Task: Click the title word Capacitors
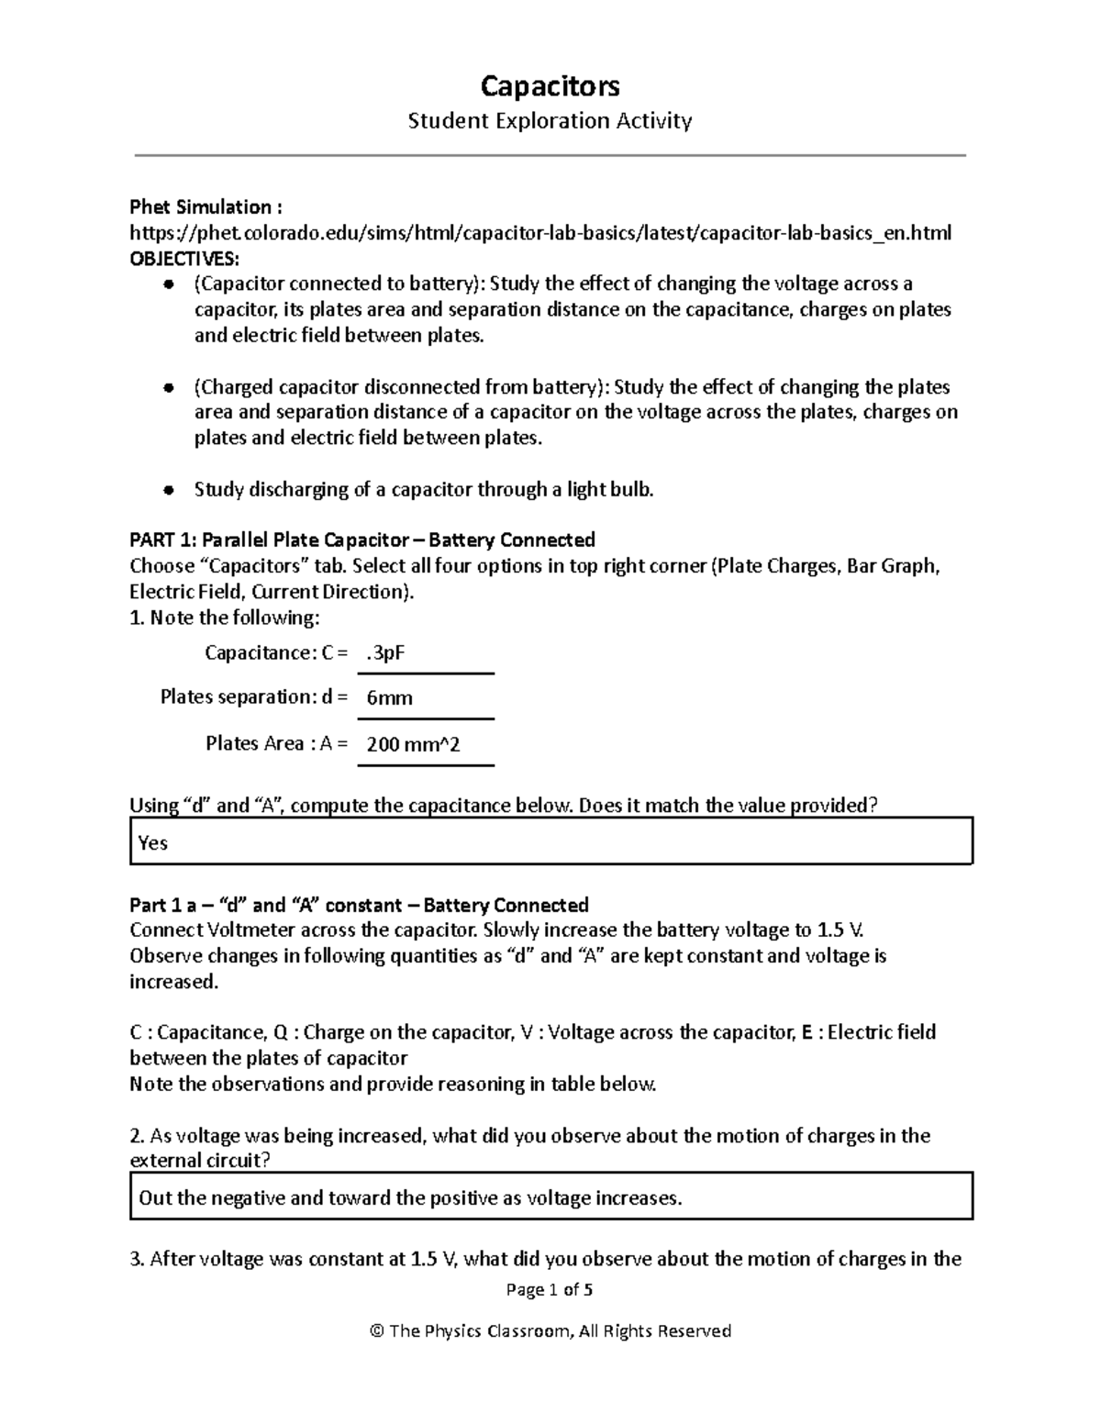click(550, 86)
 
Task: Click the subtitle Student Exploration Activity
click(550, 120)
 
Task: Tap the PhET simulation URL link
click(540, 233)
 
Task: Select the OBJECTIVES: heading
click(183, 258)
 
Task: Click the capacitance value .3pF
click(385, 653)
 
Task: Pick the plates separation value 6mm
click(389, 698)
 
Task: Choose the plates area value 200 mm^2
click(413, 744)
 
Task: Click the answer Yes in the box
click(153, 842)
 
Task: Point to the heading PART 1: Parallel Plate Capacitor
click(362, 540)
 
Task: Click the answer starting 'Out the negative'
click(410, 1197)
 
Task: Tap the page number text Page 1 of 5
click(550, 1289)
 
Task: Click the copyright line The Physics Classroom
click(550, 1330)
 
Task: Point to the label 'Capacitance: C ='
click(276, 653)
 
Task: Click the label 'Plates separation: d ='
click(254, 697)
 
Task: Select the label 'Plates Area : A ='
click(276, 743)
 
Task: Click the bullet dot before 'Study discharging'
click(168, 490)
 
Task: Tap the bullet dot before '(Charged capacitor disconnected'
click(168, 387)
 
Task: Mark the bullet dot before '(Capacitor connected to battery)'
click(168, 284)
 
